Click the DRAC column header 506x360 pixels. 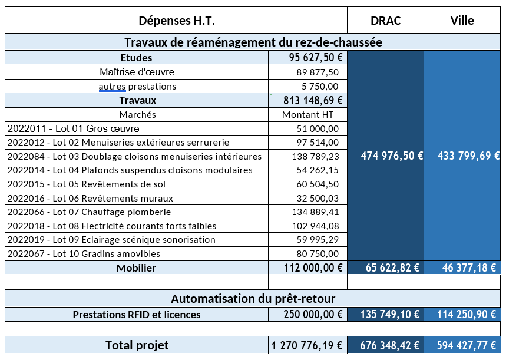point(385,21)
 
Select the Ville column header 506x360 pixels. point(462,21)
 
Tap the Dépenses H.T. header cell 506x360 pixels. point(177,21)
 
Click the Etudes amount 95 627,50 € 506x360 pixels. point(316,58)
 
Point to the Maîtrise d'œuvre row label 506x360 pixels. point(137,72)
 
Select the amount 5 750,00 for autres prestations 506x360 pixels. point(320,86)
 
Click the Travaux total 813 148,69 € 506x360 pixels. point(313,100)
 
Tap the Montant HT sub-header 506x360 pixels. point(307,115)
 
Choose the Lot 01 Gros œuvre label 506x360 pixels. point(74,128)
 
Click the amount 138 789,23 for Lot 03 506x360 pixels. point(316,157)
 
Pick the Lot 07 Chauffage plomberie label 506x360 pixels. point(90,212)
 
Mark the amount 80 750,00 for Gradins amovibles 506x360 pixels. point(318,254)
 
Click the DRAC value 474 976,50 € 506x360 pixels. point(392,156)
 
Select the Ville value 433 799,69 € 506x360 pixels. point(468,156)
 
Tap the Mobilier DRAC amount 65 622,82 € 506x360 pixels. point(392,267)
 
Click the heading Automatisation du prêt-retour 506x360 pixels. point(253,299)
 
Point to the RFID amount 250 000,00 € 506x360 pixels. point(313,314)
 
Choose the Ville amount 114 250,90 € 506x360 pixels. point(467,314)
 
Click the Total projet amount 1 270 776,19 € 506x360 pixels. point(306,345)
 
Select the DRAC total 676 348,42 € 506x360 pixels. point(389,345)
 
